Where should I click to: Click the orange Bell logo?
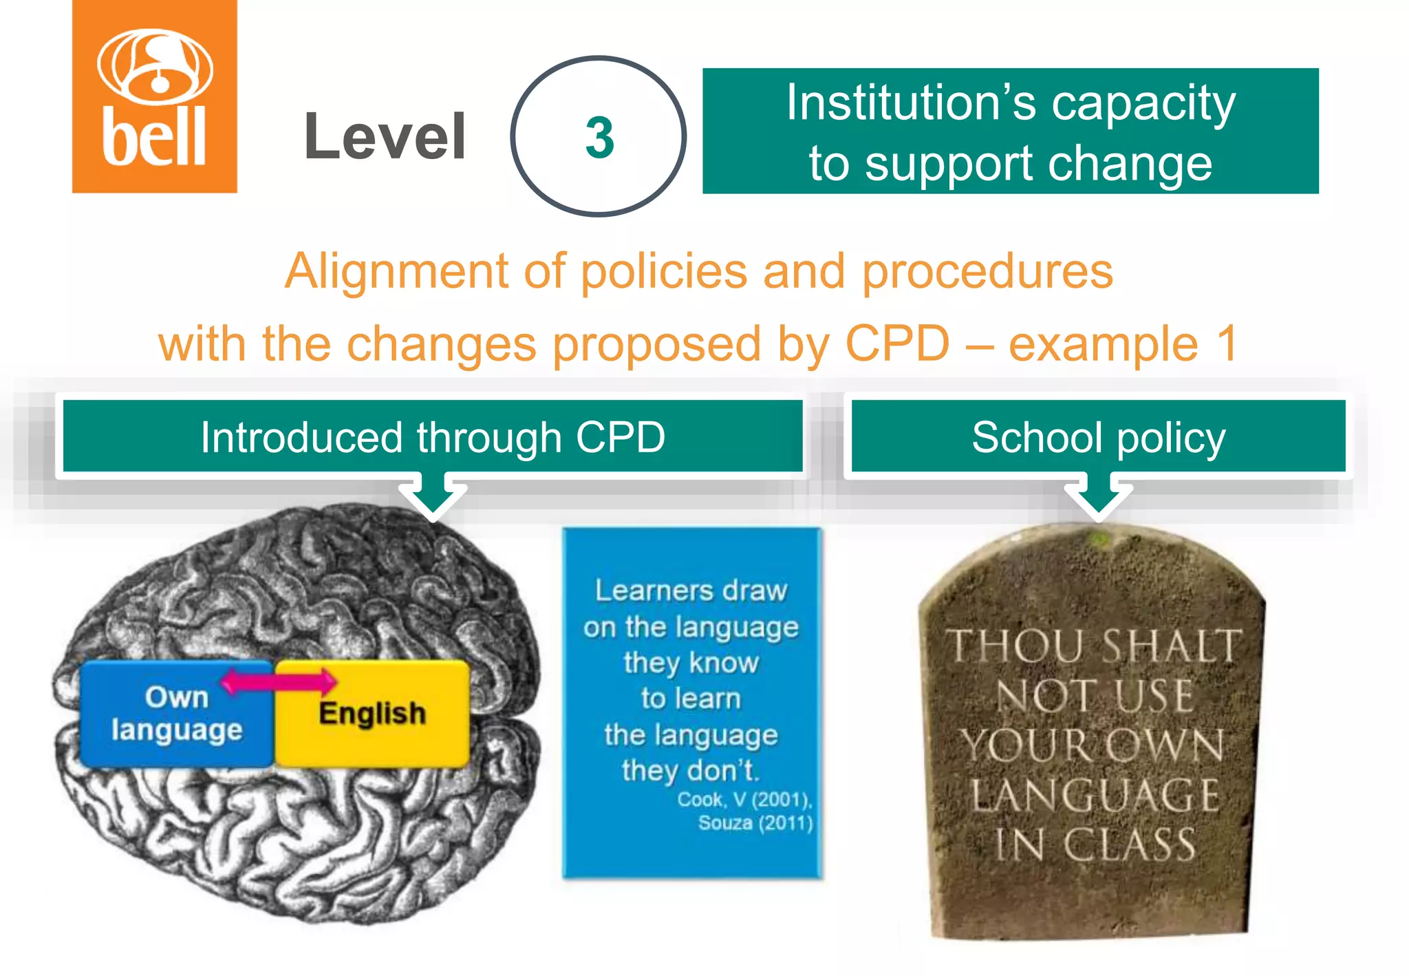pos(155,96)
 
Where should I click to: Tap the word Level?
pos(385,137)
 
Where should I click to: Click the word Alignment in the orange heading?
pos(396,271)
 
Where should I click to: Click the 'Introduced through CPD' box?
pos(433,437)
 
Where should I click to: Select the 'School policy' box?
pos(1098,437)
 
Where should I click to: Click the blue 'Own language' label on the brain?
pos(177,714)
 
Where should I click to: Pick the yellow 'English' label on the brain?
pos(372,714)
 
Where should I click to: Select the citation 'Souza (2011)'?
pos(755,823)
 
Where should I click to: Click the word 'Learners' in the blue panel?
pos(644,591)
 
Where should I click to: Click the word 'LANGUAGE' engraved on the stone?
pos(1095,795)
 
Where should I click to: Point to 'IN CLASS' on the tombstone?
pos(1095,845)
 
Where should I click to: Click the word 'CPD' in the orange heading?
pos(897,343)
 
